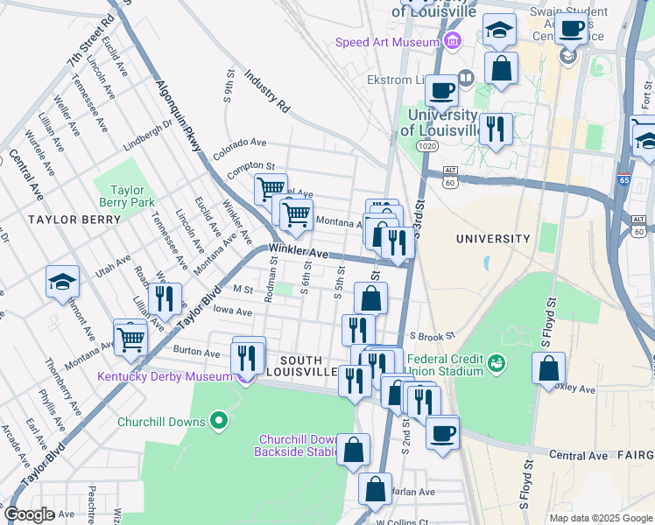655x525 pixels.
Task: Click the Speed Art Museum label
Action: tap(387, 42)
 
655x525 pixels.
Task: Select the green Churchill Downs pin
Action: tap(218, 422)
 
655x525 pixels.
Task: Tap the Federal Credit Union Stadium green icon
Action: tap(497, 361)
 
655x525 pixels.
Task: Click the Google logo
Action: tap(30, 515)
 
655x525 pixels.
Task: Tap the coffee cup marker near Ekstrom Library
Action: tap(442, 89)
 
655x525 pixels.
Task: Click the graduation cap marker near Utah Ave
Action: tap(63, 282)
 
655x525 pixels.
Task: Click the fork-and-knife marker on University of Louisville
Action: tap(496, 129)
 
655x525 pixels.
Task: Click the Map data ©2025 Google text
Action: tap(600, 518)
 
